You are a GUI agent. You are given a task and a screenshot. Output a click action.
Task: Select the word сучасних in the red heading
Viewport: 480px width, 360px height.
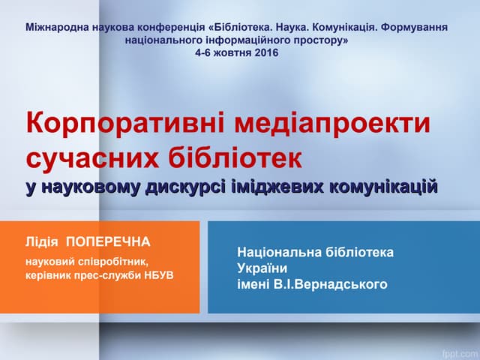coord(82,159)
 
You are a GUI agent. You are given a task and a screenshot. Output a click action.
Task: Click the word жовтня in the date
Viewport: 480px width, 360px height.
coord(229,54)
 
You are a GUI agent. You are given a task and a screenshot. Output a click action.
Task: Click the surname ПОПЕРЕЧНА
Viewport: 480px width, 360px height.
coord(109,241)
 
